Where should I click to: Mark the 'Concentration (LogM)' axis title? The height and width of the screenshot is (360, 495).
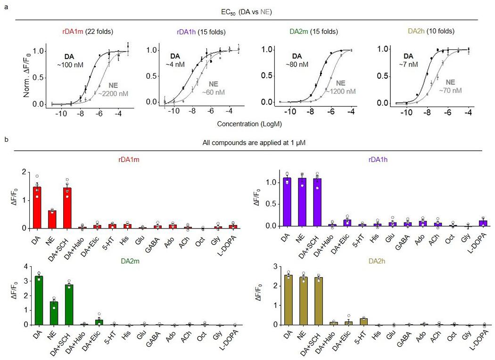pos(247,124)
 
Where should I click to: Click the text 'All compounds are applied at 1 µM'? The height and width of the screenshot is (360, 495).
pos(247,143)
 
